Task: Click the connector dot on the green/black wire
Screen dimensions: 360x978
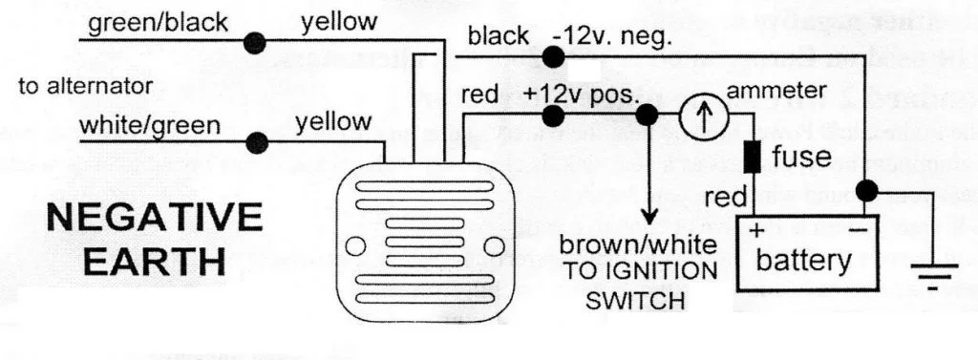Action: (255, 42)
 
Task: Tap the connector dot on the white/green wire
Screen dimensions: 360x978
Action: (255, 142)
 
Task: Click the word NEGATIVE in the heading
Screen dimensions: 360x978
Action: (154, 218)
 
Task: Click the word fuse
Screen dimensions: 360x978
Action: (800, 156)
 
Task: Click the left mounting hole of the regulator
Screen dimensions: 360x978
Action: (353, 246)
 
